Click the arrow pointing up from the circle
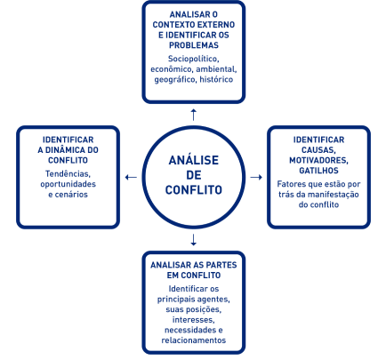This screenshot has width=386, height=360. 194,115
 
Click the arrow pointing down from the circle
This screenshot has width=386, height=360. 194,240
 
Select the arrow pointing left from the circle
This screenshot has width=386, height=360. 131,177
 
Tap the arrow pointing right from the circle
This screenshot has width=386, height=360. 256,177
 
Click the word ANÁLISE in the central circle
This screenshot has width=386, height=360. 194,160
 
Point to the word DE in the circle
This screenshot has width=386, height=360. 194,175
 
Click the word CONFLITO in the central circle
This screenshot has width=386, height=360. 194,190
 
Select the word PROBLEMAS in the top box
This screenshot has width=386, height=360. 194,45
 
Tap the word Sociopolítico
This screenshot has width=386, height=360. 194,59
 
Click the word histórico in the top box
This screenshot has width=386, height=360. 216,79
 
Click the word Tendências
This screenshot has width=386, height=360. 68,173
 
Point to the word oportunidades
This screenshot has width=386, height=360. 68,184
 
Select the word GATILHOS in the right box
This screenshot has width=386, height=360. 318,171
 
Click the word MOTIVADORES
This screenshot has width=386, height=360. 318,161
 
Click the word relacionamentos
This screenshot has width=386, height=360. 194,340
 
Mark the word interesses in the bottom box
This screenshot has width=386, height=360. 194,320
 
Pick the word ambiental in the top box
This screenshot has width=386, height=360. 216,69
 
